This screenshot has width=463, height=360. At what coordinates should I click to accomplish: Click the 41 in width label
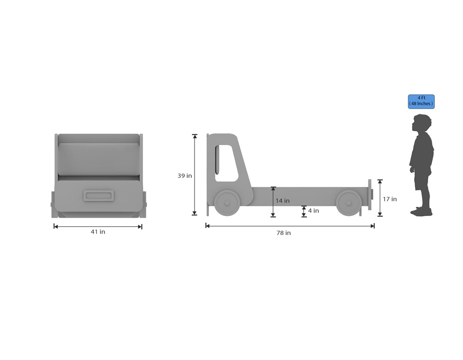pos(98,231)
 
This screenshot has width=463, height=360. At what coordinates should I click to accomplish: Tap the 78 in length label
pos(283,233)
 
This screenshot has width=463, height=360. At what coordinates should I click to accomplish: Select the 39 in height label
pos(185,175)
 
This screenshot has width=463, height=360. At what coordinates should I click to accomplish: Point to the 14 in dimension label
pos(282,201)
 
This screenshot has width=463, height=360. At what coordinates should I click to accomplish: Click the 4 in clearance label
pos(313,210)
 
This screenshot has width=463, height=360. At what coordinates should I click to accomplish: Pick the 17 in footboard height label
pos(390,199)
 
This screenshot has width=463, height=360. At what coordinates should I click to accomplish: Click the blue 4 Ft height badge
pos(421,101)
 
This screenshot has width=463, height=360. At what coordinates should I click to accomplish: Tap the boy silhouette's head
pos(422,123)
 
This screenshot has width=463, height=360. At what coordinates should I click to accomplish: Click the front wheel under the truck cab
pos(227,203)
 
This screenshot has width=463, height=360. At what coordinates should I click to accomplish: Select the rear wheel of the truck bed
pos(349,203)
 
